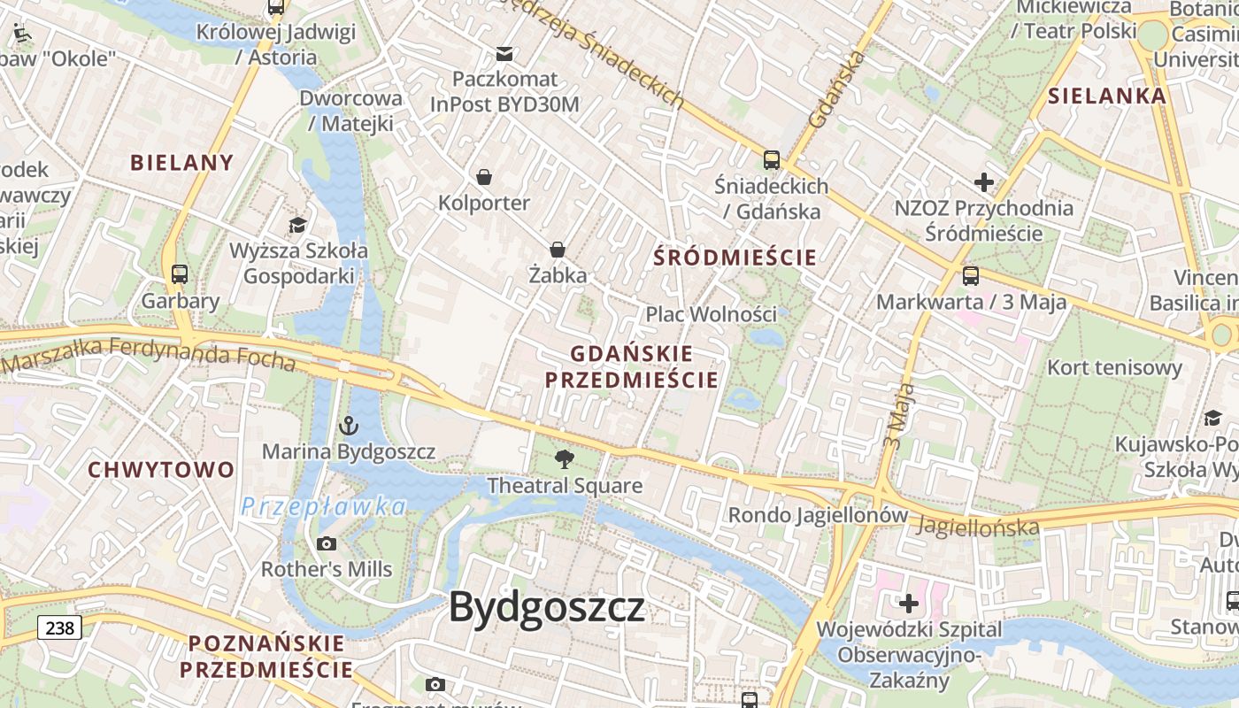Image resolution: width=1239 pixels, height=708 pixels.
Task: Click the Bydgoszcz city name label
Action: [x=546, y=608]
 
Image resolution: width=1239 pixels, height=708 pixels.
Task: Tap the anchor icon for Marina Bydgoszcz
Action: [x=348, y=426]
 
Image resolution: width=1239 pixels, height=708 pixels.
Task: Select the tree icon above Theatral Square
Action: [x=564, y=459]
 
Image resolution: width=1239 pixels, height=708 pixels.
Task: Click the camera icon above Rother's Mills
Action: [x=326, y=543]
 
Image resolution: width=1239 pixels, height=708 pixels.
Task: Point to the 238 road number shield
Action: [x=59, y=628]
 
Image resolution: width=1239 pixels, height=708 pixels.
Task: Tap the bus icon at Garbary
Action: [x=180, y=274]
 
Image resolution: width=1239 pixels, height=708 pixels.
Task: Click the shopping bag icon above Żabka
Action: [x=558, y=250]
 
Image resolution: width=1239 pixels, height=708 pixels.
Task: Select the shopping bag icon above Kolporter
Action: [x=484, y=177]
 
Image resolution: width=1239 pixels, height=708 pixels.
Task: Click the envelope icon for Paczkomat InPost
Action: [x=504, y=54]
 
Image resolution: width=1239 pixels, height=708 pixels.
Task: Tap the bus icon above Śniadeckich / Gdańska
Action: [x=772, y=160]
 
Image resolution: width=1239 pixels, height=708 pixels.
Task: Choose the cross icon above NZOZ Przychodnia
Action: [x=983, y=183]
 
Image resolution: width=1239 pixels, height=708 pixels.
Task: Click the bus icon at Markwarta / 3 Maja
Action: [x=971, y=276]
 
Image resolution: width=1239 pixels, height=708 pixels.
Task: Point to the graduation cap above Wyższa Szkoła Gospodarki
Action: [x=298, y=225]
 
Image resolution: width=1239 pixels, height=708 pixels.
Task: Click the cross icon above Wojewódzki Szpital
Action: [x=909, y=604]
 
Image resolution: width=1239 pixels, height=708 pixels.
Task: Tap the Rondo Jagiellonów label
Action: [x=818, y=515]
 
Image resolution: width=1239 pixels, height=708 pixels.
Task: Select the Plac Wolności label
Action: [x=711, y=314]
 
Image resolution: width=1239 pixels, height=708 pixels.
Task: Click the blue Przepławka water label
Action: [x=324, y=507]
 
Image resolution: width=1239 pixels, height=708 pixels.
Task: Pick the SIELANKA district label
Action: [x=1107, y=96]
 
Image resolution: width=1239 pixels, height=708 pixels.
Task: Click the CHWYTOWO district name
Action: [x=161, y=470]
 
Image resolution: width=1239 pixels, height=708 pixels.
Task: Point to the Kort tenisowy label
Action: [x=1114, y=367]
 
